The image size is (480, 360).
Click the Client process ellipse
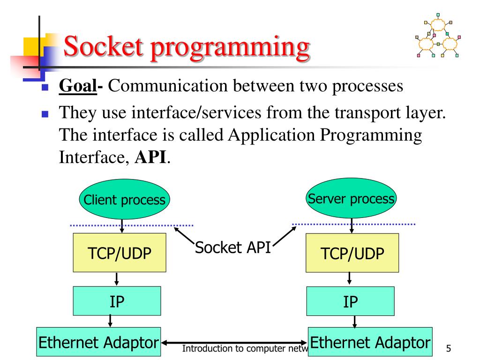click(x=124, y=200)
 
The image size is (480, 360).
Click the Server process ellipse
click(x=351, y=199)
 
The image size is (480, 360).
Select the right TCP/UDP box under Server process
click(x=352, y=254)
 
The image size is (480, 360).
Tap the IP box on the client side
click(x=117, y=300)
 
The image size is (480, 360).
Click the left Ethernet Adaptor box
click(x=98, y=341)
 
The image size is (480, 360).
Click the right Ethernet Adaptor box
click(x=370, y=341)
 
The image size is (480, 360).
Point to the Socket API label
click(x=233, y=247)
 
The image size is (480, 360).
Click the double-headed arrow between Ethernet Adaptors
click(x=234, y=343)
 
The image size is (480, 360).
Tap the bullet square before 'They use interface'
click(x=45, y=114)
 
